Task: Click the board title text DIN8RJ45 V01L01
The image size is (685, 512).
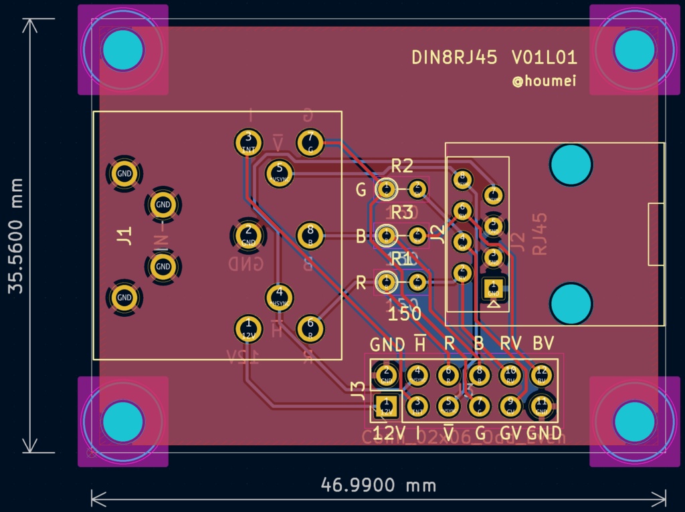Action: [x=494, y=57]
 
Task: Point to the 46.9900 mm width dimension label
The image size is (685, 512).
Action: [x=378, y=485]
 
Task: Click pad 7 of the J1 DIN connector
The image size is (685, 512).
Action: [x=309, y=142]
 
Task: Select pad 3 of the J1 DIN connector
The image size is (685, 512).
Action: [x=248, y=142]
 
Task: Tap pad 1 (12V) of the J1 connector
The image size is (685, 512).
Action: [x=248, y=328]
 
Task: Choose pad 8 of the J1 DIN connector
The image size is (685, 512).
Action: [x=310, y=235]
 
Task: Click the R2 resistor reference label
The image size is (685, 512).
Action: [x=402, y=165]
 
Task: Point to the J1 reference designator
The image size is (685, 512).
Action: [x=124, y=235]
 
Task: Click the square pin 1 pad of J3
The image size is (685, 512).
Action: [x=386, y=404]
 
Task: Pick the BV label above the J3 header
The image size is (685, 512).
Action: [x=543, y=344]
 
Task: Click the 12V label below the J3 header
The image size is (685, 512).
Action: [x=389, y=433]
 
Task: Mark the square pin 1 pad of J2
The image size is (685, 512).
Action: [x=494, y=289]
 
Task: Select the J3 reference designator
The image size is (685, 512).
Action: [x=359, y=387]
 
